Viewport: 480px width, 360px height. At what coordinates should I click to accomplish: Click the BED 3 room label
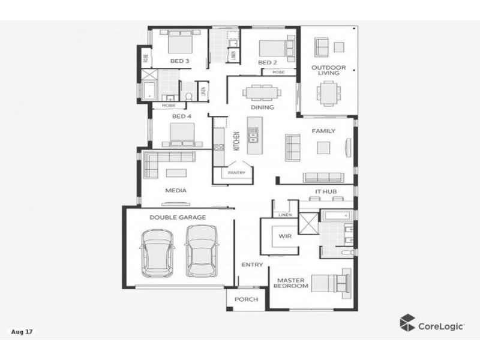(x=179, y=61)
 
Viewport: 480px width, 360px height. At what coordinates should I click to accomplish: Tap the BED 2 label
(x=267, y=62)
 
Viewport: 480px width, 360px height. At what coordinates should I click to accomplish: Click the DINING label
(x=262, y=107)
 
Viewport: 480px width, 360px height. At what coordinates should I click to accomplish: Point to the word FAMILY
(x=323, y=131)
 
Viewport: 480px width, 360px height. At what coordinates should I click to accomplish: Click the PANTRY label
(x=235, y=173)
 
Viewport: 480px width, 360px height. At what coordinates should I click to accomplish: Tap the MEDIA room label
(x=176, y=190)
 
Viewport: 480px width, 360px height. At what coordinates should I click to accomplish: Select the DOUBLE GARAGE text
(x=178, y=217)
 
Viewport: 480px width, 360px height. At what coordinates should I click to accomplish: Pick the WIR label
(x=284, y=236)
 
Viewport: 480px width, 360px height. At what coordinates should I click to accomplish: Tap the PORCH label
(x=246, y=299)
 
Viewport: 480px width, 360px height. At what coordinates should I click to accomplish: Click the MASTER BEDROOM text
(x=291, y=283)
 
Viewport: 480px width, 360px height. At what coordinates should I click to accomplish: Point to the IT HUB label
(x=326, y=192)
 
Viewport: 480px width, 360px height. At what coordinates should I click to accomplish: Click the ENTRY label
(x=251, y=265)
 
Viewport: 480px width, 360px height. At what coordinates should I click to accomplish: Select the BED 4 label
(x=181, y=116)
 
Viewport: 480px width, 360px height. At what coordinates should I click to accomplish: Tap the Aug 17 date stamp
(x=22, y=331)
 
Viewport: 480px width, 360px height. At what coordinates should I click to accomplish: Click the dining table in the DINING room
(x=262, y=92)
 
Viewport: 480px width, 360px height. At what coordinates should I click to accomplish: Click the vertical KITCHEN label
(x=236, y=142)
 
